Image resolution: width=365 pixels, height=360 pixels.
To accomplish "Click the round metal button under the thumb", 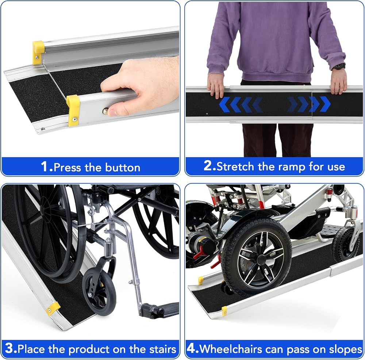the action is click(106, 111).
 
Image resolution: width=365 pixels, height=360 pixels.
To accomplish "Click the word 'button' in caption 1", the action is click(123, 168).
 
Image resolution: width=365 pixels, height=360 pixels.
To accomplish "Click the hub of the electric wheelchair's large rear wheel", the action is click(262, 259).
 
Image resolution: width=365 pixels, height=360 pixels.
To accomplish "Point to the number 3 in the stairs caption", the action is click(9, 349).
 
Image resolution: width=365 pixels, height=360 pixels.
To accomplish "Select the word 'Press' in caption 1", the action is click(68, 168).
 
